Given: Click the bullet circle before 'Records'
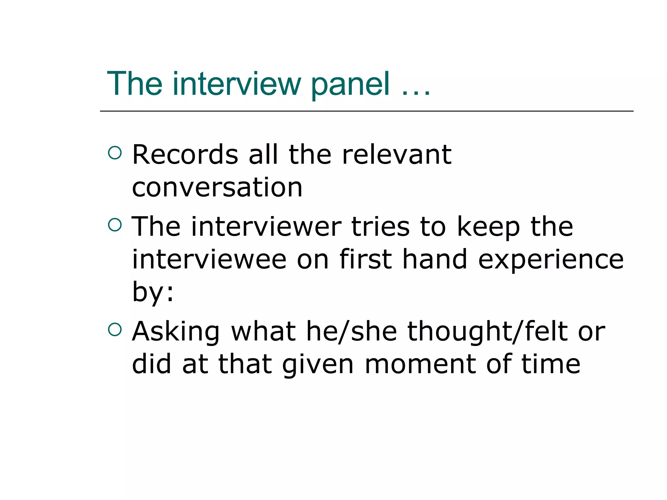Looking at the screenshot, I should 115,153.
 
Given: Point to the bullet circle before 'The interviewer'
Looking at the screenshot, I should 115,225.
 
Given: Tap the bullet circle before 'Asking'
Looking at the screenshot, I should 115,329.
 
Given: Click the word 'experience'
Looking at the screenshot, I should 551,260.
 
